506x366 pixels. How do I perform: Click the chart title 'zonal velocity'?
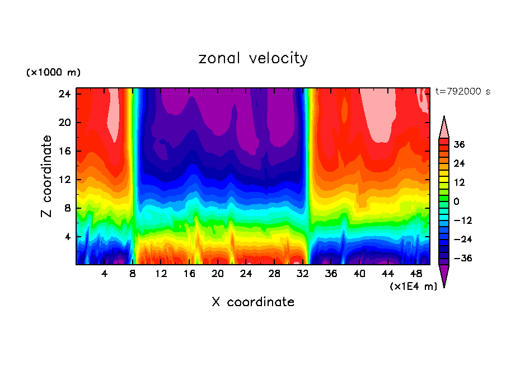tap(253, 58)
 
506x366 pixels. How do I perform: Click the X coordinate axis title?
tap(253, 302)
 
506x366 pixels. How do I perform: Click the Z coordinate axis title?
tap(47, 176)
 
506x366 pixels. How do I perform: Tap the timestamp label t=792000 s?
tap(462, 91)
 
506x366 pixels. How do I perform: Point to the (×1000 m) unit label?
tap(53, 73)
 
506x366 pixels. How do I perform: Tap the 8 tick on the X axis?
tap(133, 274)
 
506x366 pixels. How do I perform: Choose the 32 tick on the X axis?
tap(303, 274)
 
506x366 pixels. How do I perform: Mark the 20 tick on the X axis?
tap(218, 274)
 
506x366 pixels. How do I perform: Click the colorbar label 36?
tap(460, 144)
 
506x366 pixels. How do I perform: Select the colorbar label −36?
tap(462, 258)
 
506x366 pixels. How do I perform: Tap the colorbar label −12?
tap(462, 220)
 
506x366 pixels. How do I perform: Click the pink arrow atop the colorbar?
tap(444, 128)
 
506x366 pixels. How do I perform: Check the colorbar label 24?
tap(460, 163)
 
